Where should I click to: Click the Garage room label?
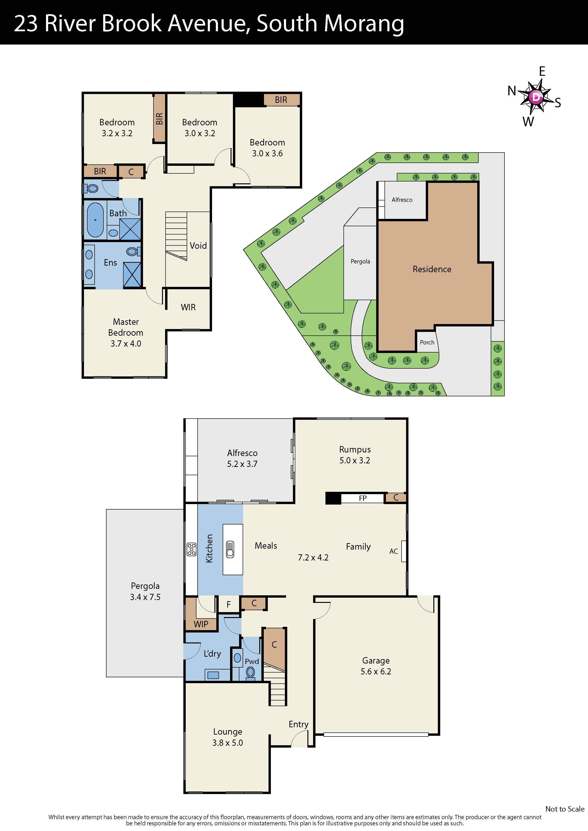tap(376, 660)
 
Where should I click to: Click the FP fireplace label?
tap(363, 498)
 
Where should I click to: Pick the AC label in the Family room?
tap(394, 551)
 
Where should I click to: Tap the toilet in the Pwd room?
tap(250, 673)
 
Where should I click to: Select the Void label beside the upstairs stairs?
tap(198, 246)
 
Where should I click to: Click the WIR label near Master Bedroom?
tap(188, 307)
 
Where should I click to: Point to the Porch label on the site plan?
tap(427, 342)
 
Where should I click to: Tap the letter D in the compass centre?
tap(536, 97)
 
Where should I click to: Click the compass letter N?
tap(512, 90)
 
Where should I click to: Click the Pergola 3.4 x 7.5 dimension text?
tap(145, 597)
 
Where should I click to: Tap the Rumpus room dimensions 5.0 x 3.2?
tap(355, 460)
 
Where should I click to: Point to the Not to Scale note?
tap(565, 809)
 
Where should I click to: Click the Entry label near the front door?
tap(299, 724)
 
